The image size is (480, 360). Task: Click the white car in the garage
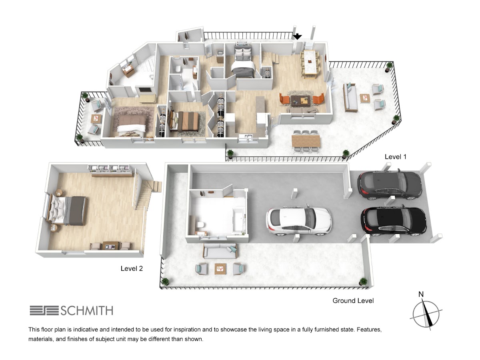pos(299,221)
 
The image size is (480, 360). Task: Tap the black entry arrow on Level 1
pos(297,37)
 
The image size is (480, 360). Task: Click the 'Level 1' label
pos(395,157)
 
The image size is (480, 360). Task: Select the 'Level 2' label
pos(132,268)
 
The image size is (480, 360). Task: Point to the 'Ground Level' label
pos(353,300)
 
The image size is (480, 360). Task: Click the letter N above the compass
pos(421,294)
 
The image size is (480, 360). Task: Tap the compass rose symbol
pos(426,315)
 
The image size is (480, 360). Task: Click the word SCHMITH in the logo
pos(87,311)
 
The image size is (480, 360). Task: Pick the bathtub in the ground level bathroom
pos(238,220)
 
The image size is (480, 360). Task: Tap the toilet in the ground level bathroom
pos(200,225)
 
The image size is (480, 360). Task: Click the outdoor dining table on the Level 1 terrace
pos(306,141)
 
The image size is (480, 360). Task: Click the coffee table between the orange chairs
pos(300,100)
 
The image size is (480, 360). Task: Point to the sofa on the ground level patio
pos(220,251)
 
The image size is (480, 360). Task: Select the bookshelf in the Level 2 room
pos(110,170)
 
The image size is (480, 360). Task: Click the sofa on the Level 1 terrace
pos(350,97)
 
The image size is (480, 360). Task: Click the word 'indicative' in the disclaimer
pos(86,329)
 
